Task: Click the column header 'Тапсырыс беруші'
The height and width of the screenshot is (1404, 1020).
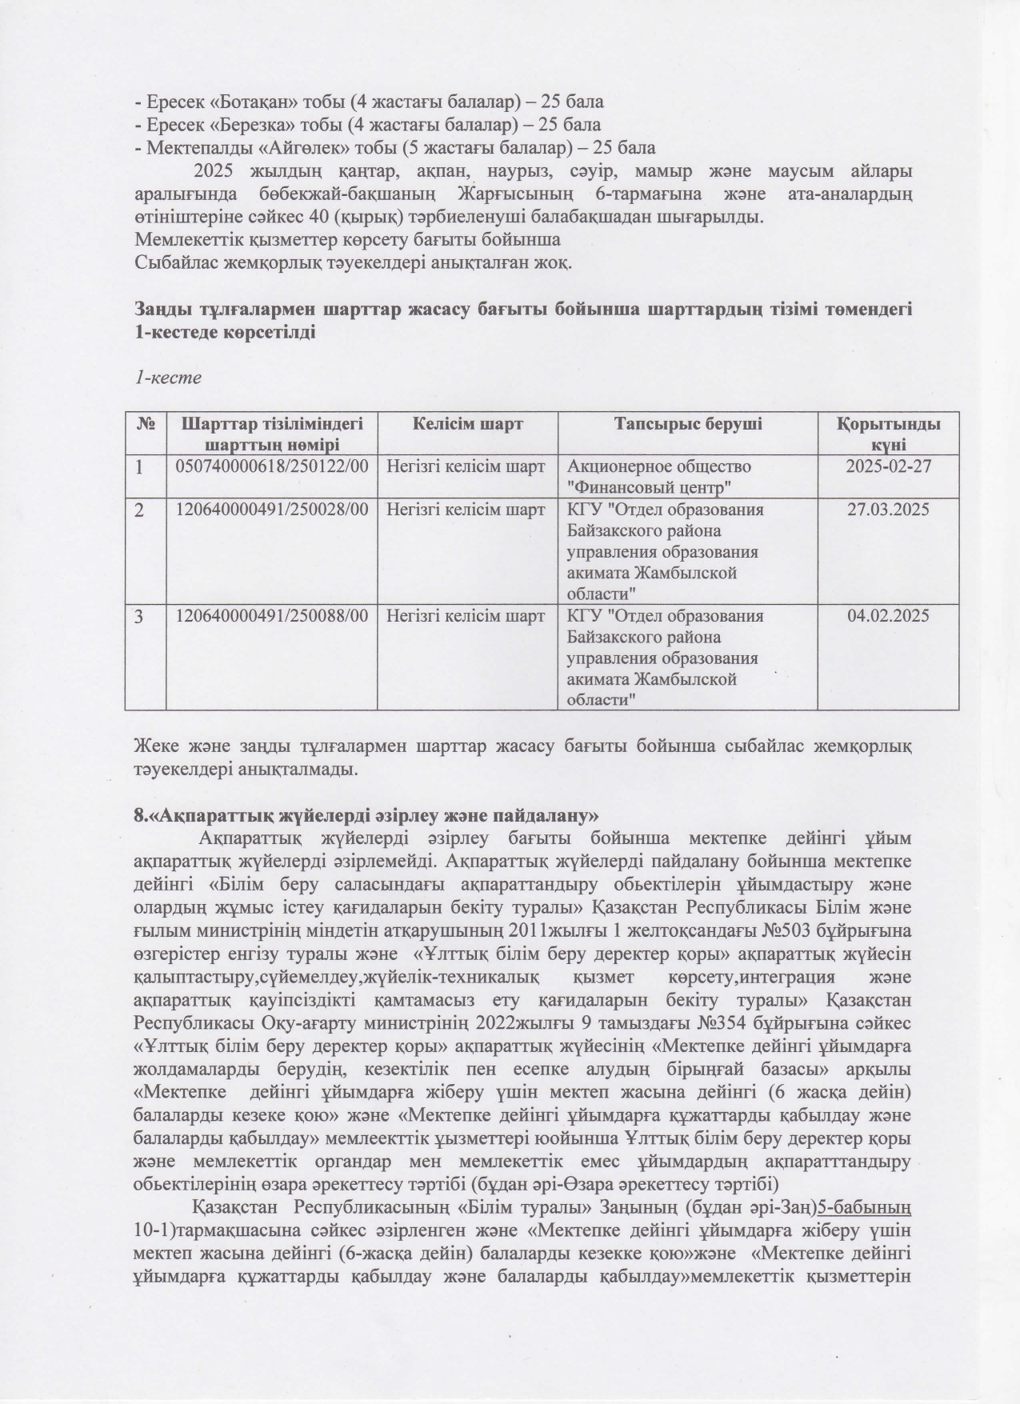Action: coord(687,424)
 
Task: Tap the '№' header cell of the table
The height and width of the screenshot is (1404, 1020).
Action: coord(145,424)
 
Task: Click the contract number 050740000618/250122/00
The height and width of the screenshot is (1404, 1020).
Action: coord(272,466)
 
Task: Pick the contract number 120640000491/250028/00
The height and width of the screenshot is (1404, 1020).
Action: coord(272,510)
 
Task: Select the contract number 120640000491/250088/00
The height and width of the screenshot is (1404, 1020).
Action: coord(272,616)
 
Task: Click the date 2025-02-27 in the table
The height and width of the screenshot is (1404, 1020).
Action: coord(888,466)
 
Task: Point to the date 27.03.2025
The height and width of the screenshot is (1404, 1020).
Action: coord(888,510)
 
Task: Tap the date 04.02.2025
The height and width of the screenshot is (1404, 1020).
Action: coord(888,616)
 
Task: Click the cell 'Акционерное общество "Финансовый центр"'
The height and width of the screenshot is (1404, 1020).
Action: coord(659,476)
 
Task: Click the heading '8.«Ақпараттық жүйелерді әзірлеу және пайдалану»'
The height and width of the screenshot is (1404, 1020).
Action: coord(366,815)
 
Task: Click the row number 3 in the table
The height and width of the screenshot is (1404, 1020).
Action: coord(140,616)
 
